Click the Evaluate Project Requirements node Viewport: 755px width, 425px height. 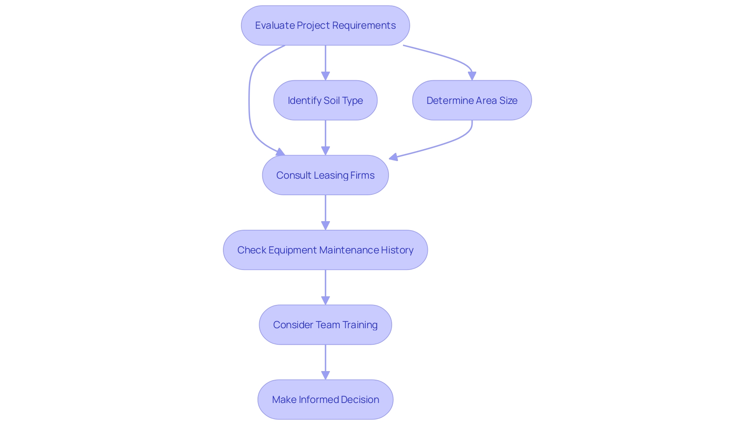pos(325,26)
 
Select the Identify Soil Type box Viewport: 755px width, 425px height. pos(325,100)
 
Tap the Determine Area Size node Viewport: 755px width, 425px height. pos(472,100)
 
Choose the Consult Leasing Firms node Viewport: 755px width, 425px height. pos(325,175)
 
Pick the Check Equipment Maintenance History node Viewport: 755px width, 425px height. pos(325,250)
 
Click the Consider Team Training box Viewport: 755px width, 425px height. pos(325,325)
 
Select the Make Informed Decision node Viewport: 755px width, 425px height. pos(325,399)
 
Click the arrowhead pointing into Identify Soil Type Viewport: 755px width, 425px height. pos(325,76)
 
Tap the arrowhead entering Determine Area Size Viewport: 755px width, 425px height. pos(472,76)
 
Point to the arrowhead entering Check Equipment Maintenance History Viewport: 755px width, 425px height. pos(325,225)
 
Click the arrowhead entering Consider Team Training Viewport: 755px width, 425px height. pos(325,300)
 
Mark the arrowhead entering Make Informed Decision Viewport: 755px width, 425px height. pos(325,375)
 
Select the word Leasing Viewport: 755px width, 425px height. pos(331,175)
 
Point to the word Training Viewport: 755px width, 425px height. pos(360,325)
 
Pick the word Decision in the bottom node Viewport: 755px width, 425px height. pos(360,399)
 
